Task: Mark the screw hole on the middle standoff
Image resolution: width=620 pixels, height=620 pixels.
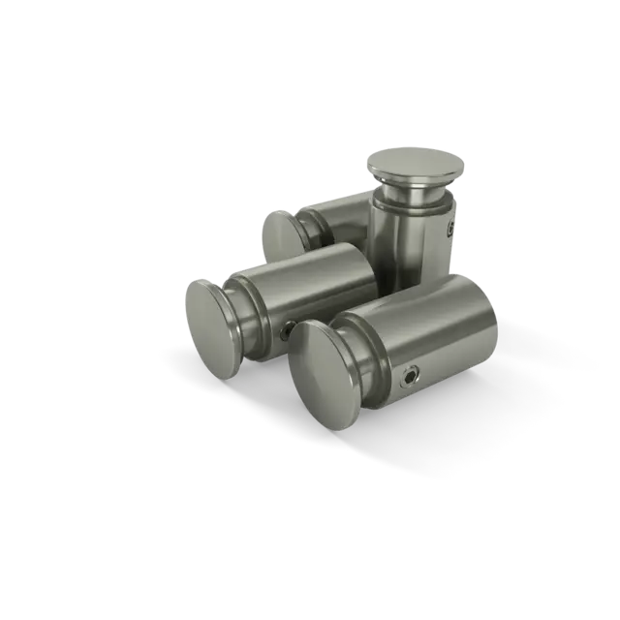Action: (x=282, y=332)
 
